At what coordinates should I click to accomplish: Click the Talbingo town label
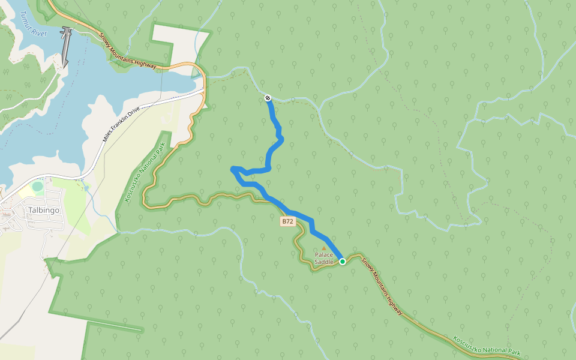43,211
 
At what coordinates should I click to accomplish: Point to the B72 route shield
288,221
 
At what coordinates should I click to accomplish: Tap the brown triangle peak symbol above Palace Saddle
324,247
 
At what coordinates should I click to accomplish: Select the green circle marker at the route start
343,262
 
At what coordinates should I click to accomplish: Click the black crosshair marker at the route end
268,98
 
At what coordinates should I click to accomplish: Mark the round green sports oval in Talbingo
38,187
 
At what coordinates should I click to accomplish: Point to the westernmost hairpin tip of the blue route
233,170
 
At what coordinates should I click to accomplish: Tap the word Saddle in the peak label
323,262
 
